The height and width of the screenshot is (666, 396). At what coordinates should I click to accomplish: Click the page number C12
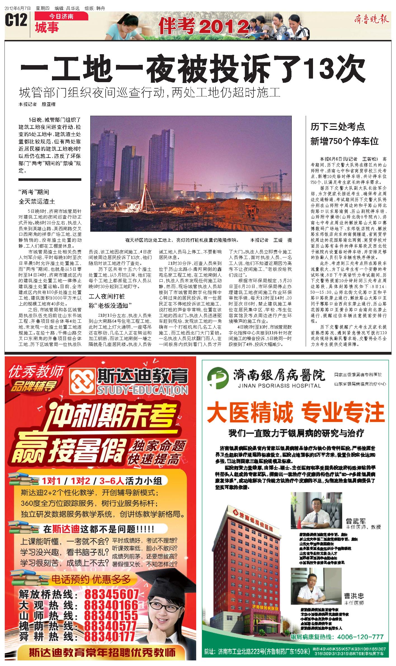pyautogui.click(x=16, y=21)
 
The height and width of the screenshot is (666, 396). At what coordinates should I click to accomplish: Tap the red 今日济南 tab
pyautogui.click(x=61, y=16)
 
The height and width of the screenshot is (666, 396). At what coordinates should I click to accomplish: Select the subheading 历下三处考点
pyautogui.click(x=338, y=127)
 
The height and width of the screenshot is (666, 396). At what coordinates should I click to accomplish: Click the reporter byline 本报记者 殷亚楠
pyautogui.click(x=37, y=105)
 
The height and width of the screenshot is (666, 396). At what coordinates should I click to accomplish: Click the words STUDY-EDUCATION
pyautogui.click(x=142, y=390)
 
